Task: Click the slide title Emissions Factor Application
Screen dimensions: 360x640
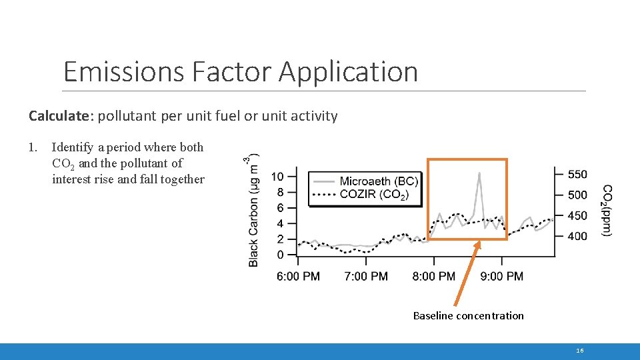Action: pyautogui.click(x=240, y=72)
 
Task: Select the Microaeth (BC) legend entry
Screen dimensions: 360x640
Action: pyautogui.click(x=378, y=181)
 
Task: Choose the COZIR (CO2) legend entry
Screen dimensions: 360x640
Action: pyautogui.click(x=374, y=194)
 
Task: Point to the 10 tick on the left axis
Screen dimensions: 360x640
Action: pyautogui.click(x=277, y=177)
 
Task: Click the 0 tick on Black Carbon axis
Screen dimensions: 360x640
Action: pyautogui.click(x=281, y=255)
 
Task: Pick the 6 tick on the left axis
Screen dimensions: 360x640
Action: pyautogui.click(x=281, y=208)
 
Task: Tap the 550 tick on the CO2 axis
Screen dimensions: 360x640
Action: pyautogui.click(x=577, y=175)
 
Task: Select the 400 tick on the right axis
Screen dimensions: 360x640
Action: pyautogui.click(x=577, y=236)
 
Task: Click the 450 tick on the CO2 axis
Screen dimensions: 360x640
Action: pyautogui.click(x=577, y=215)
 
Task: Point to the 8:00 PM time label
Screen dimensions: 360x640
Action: pyautogui.click(x=433, y=276)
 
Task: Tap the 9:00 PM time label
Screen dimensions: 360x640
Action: pyautogui.click(x=501, y=276)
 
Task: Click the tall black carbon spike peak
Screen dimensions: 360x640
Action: pyautogui.click(x=479, y=173)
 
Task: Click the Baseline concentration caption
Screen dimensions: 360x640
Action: pyautogui.click(x=468, y=315)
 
